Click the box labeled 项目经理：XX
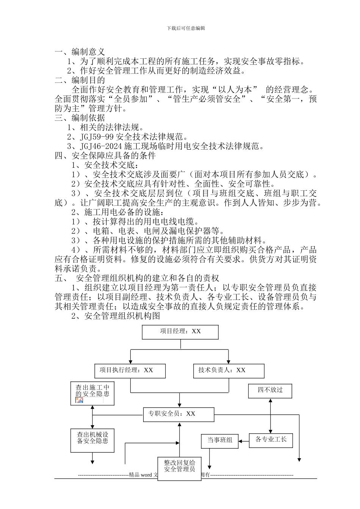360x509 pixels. [180, 331]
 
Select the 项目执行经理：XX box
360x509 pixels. [130, 370]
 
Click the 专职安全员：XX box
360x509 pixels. [178, 414]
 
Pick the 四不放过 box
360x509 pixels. [270, 390]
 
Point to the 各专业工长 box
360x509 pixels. [271, 440]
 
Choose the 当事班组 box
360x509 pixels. [220, 440]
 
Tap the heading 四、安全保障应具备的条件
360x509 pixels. [105, 156]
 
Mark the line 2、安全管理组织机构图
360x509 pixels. [116, 316]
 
